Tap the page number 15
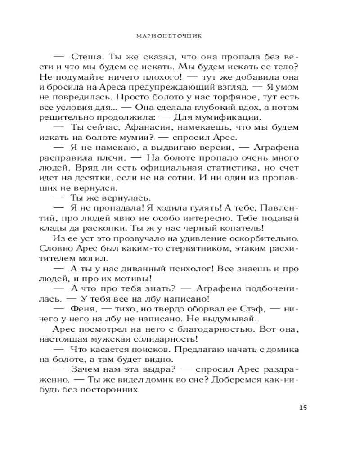tap(302, 408)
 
